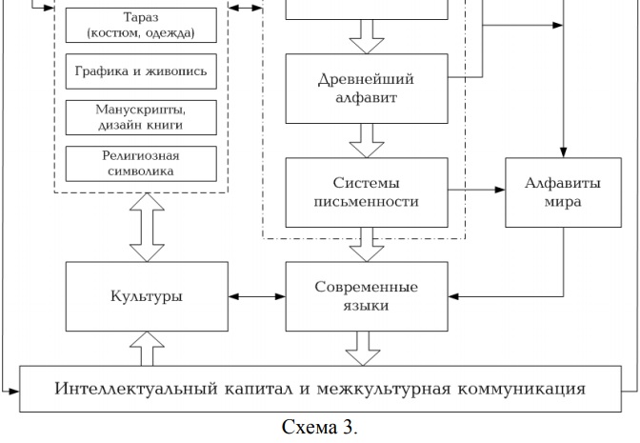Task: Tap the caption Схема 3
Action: (320, 428)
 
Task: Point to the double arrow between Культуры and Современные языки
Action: (256, 295)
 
